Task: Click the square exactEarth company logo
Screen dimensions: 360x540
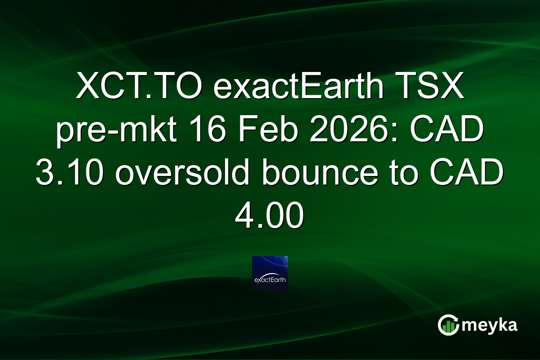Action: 270,274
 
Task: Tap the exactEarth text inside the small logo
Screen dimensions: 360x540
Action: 270,279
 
